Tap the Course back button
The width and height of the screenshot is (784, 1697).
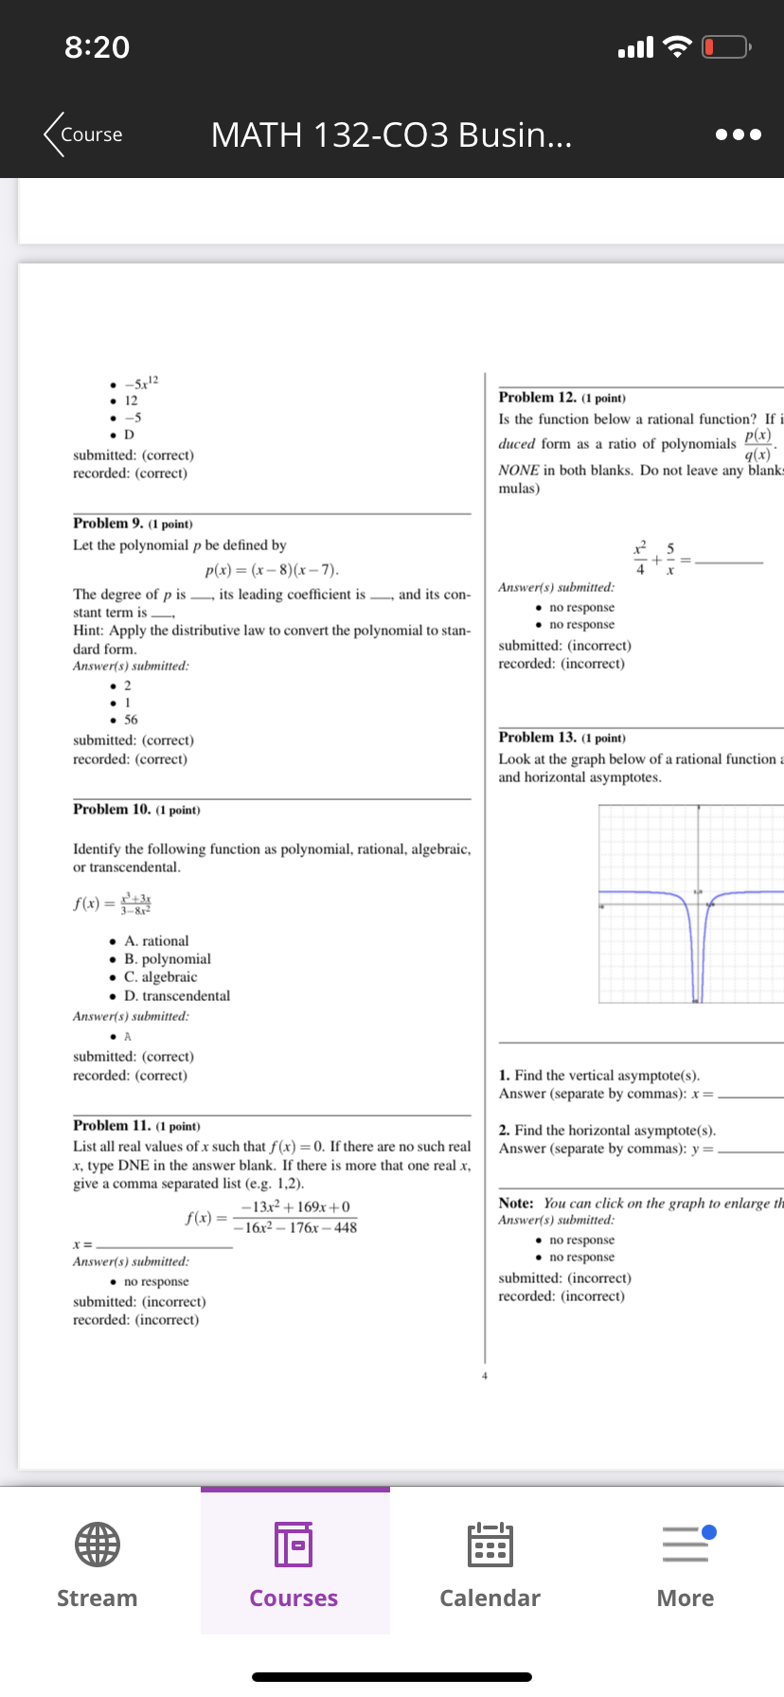point(83,134)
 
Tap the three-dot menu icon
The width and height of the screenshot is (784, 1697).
point(738,134)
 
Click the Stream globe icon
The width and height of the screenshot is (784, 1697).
point(98,1545)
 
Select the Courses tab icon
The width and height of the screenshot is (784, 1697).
point(294,1545)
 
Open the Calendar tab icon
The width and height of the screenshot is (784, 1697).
point(490,1545)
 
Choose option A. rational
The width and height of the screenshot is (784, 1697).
point(156,941)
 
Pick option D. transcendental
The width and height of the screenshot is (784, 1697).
point(177,996)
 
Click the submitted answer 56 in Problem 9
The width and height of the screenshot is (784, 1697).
point(131,720)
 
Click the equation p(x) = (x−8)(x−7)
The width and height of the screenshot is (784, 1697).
point(272,570)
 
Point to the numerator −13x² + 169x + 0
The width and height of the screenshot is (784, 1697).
point(295,1206)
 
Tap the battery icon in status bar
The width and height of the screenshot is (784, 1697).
point(725,46)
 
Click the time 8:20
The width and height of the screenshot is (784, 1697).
point(97,47)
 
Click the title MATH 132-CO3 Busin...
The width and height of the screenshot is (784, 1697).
point(391,134)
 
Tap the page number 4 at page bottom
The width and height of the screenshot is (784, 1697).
point(484,1376)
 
